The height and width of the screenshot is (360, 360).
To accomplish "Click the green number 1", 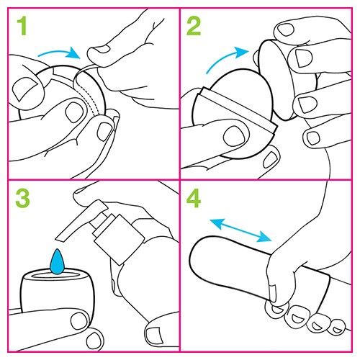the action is (22, 26).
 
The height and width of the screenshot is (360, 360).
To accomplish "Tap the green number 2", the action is (194, 26).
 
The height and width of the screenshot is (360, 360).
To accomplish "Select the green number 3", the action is (23, 198).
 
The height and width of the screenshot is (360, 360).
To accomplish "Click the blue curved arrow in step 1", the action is (60, 52).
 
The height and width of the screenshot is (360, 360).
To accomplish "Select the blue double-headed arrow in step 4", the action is (240, 230).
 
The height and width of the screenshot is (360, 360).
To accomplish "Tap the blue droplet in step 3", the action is (57, 262).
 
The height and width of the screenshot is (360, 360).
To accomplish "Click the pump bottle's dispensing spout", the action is (79, 220).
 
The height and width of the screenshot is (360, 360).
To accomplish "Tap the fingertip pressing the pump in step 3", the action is (84, 194).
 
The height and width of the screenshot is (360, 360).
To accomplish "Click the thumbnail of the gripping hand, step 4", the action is (272, 294).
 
